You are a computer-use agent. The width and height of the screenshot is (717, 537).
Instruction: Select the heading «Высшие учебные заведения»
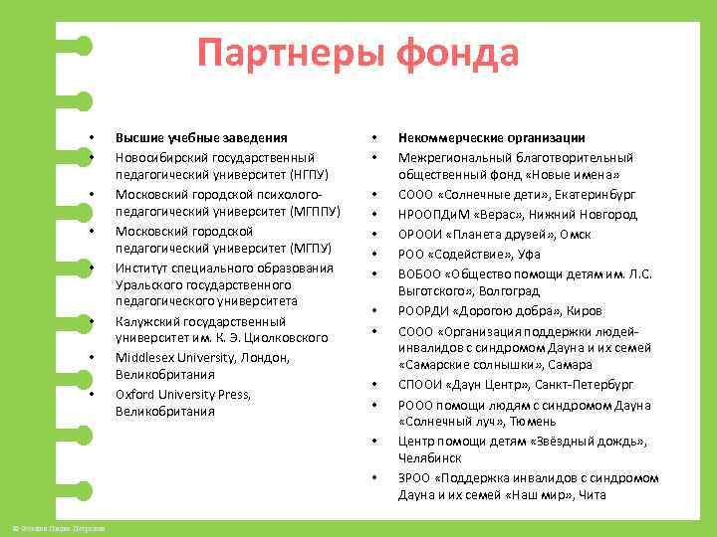201,137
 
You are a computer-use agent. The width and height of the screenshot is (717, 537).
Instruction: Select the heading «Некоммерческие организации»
491,137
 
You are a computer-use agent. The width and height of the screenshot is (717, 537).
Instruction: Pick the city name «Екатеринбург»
595,194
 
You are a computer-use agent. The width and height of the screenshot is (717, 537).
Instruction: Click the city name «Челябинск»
429,458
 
